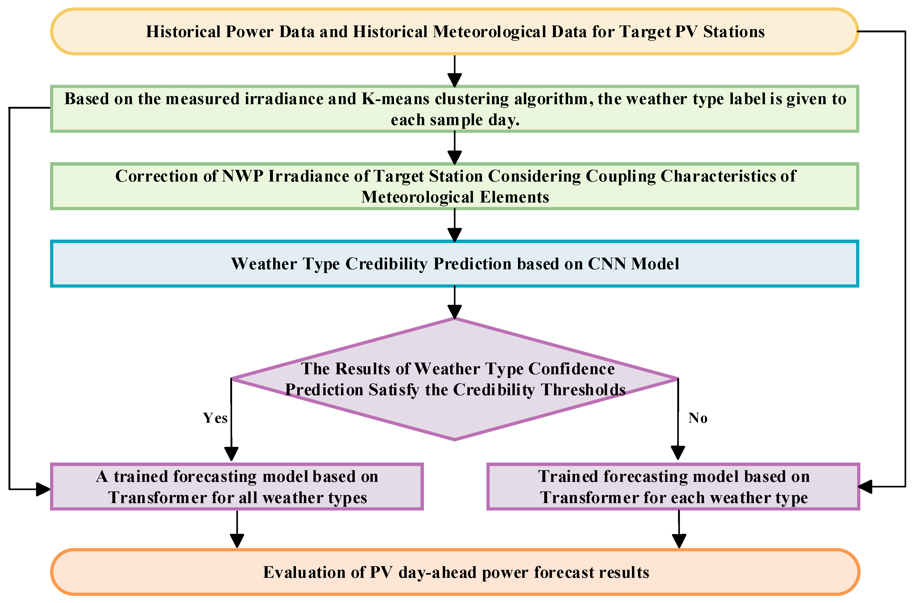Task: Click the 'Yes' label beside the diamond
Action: (x=215, y=418)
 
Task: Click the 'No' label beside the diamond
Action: (x=698, y=418)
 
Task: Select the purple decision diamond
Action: (x=455, y=379)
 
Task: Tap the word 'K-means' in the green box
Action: (x=396, y=99)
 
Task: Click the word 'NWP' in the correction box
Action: (x=243, y=176)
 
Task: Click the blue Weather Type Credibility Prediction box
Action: (x=455, y=264)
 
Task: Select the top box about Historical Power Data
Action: (x=455, y=32)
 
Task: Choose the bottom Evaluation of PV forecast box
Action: (x=455, y=572)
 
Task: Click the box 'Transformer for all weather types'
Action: (x=237, y=487)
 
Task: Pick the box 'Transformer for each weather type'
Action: (x=673, y=487)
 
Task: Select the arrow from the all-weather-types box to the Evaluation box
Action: (x=237, y=529)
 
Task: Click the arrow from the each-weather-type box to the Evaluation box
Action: (x=679, y=529)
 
